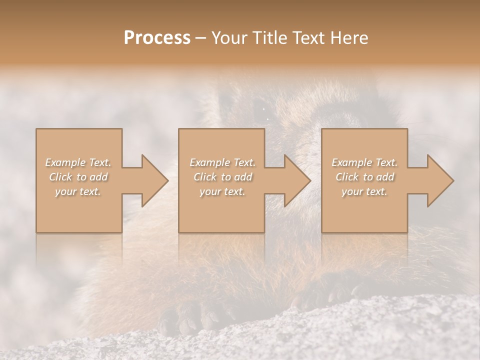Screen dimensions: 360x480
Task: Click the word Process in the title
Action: [x=157, y=38]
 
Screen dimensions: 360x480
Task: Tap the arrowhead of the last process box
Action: [x=440, y=180]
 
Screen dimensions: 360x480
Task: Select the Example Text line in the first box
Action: [x=78, y=162]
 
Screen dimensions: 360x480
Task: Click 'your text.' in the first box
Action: [x=78, y=191]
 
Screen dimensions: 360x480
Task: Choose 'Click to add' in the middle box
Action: [x=222, y=177]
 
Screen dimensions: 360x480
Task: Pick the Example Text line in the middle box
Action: [x=222, y=162]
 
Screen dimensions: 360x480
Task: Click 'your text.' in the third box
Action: [x=364, y=191]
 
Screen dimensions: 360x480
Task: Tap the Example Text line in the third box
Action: [x=364, y=162]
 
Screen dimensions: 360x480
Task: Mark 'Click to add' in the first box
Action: [x=78, y=177]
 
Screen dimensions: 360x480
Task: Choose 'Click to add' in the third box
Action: [x=364, y=177]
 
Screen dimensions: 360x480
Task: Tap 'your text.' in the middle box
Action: [x=222, y=191]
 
